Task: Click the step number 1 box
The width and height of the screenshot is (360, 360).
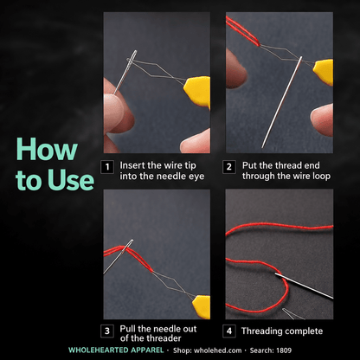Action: [107, 167]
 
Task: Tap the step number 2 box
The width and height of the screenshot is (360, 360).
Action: [229, 167]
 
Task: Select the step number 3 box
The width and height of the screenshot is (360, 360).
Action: [107, 331]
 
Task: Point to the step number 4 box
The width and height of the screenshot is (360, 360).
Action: [229, 331]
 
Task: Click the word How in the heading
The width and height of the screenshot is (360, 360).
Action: [47, 150]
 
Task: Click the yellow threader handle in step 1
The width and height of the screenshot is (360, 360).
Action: [197, 91]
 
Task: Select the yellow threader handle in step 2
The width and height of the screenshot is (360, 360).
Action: [324, 72]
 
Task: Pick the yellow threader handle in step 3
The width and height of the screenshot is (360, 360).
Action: [202, 306]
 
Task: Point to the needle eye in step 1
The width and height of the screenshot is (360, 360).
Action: [133, 56]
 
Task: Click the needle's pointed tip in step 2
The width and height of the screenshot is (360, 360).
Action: [262, 147]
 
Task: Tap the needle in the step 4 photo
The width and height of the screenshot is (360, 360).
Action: [304, 286]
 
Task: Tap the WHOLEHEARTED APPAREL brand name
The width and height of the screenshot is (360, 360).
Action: [116, 350]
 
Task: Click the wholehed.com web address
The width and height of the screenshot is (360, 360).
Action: [218, 350]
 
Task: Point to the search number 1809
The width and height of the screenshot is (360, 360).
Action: [284, 350]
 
